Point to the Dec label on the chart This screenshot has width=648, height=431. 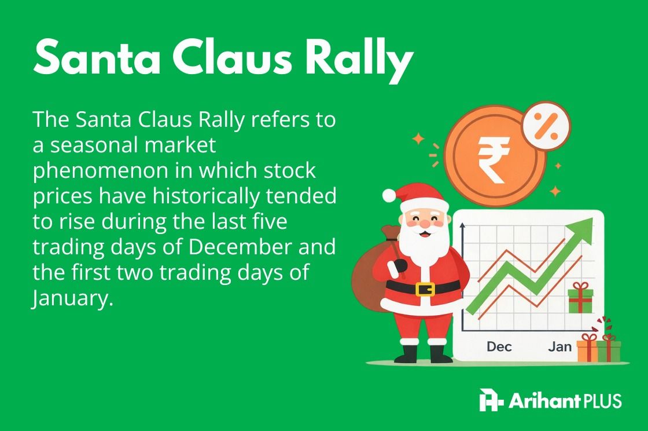click(x=499, y=346)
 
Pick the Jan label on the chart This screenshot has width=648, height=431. click(x=559, y=346)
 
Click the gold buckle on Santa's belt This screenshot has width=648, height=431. click(x=425, y=287)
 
